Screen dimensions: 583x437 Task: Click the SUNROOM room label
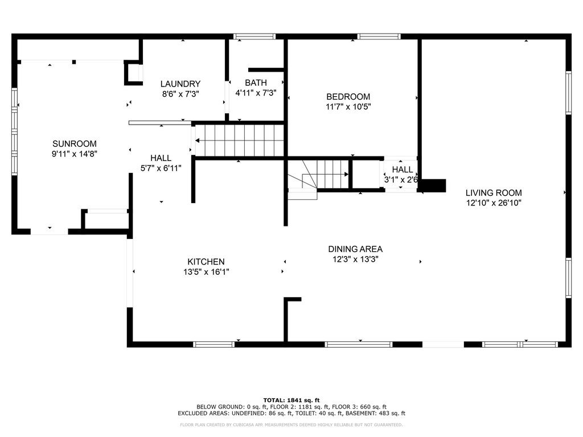pyautogui.click(x=75, y=144)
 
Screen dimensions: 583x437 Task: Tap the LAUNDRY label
pyautogui.click(x=180, y=84)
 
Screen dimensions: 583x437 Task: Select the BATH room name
pyautogui.click(x=256, y=83)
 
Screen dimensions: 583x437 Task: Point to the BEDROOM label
pyautogui.click(x=348, y=97)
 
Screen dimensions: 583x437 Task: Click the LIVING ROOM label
pyautogui.click(x=494, y=193)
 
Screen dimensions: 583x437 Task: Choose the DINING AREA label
pyautogui.click(x=355, y=249)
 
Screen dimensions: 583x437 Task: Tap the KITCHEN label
pyautogui.click(x=206, y=262)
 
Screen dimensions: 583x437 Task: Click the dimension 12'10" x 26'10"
pyautogui.click(x=494, y=203)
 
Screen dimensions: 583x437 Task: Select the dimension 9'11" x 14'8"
pyautogui.click(x=75, y=154)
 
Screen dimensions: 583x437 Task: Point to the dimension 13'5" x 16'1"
pyautogui.click(x=206, y=271)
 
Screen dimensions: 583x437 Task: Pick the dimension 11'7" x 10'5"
pyautogui.click(x=348, y=107)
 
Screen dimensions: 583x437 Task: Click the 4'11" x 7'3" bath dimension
pyautogui.click(x=256, y=93)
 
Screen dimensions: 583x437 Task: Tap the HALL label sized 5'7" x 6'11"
pyautogui.click(x=161, y=158)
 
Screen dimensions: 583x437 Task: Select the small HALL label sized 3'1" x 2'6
pyautogui.click(x=403, y=170)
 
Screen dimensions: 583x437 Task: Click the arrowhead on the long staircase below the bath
pyautogui.click(x=198, y=141)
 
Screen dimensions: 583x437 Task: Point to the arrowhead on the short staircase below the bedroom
pyautogui.click(x=346, y=174)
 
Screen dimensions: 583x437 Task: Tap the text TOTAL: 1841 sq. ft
pyautogui.click(x=291, y=400)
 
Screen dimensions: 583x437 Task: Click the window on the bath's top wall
pyautogui.click(x=254, y=36)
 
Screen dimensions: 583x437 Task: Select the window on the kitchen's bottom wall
pyautogui.click(x=214, y=344)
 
